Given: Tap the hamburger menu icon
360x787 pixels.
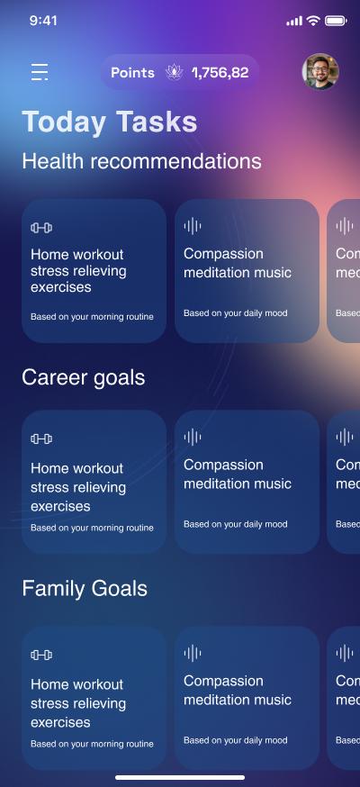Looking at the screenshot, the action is pos(40,72).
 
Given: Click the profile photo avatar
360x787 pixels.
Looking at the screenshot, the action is pos(320,72).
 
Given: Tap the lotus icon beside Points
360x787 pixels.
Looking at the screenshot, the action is pos(174,72).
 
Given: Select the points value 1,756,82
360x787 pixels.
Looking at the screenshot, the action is pos(220,73).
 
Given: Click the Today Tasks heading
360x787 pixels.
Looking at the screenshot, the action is pos(109,122).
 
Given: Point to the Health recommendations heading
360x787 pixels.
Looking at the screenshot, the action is pos(141,161).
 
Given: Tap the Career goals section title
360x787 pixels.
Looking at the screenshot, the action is pos(83,377).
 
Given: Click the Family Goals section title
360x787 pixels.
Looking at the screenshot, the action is pos(85,588).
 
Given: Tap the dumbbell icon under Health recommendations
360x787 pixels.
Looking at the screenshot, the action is pos(41,228).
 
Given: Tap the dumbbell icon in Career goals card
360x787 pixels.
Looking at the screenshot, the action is pos(41,439).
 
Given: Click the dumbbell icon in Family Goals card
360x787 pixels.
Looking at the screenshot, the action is pos(41,655).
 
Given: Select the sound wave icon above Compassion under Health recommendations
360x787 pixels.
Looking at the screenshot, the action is pos(193,226).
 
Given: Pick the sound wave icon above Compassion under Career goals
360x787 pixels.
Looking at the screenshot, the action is pos(193,437).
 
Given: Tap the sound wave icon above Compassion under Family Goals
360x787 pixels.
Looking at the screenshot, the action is pos(193,653).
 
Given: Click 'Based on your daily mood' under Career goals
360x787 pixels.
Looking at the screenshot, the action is pos(235,524).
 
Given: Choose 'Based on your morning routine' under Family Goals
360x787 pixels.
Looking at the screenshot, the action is pos(92,745).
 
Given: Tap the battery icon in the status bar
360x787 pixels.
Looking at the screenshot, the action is pos(336,21).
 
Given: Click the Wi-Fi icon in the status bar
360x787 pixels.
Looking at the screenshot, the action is pos(313,21).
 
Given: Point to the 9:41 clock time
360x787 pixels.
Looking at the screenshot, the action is pos(43,21).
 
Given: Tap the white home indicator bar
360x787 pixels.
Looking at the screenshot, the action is pos(180,777).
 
